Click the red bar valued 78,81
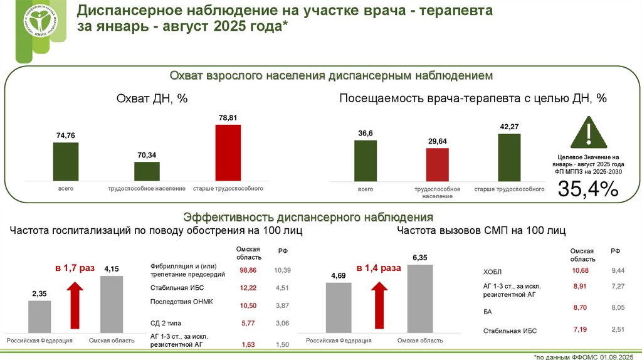pyautogui.click(x=228, y=152)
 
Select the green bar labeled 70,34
pyautogui.click(x=147, y=171)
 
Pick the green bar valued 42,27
pyautogui.click(x=509, y=157)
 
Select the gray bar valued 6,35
pyautogui.click(x=419, y=299)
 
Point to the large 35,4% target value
pyautogui.click(x=588, y=188)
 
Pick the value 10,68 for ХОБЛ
pyautogui.click(x=580, y=270)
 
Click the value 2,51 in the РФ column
pyautogui.click(x=618, y=330)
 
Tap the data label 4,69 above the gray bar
pyautogui.click(x=338, y=275)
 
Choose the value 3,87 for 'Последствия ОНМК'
pyautogui.click(x=282, y=305)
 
